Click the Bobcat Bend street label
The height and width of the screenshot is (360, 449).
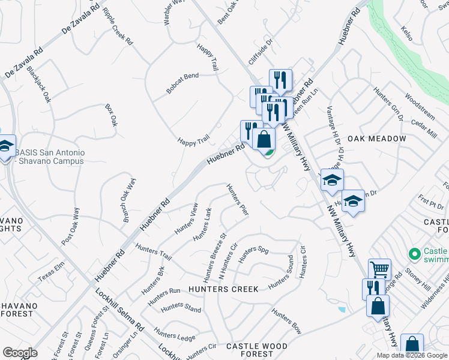182,84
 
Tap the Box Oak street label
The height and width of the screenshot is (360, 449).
110,115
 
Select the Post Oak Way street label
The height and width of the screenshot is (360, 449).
70,226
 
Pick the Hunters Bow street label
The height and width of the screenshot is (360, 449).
286,321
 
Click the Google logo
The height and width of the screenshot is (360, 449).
20,353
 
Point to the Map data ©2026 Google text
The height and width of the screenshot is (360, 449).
411,355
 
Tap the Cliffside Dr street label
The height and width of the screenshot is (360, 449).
261,50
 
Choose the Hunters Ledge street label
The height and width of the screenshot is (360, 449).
173,334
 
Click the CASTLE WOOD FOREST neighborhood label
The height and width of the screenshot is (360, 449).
257,350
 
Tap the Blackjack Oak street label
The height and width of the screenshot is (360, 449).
38,84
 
